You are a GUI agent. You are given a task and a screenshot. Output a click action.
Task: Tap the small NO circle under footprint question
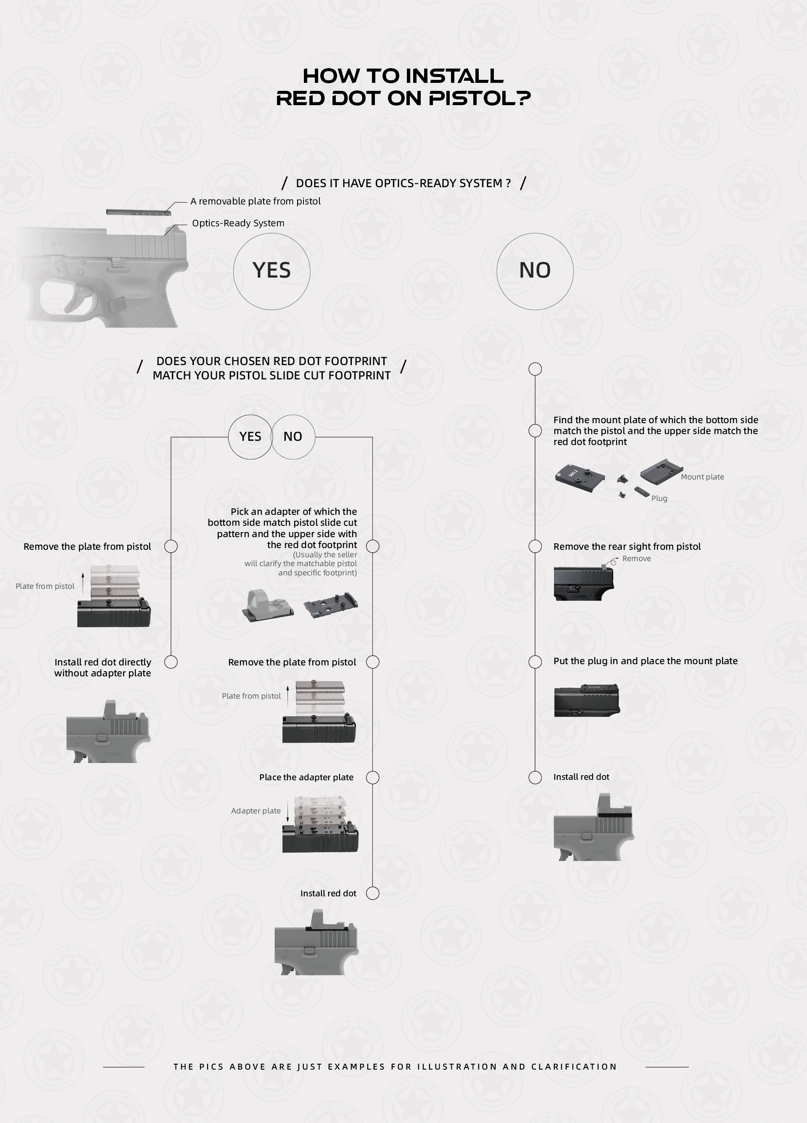[x=314, y=437]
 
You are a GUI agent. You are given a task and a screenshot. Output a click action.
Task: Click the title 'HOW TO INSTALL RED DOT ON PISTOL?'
[x=403, y=87]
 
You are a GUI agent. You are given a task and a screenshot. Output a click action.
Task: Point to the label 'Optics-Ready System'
[x=238, y=223]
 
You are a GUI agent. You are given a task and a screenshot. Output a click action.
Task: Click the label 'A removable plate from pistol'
[x=255, y=201]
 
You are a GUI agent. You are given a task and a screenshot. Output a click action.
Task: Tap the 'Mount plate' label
[x=702, y=477]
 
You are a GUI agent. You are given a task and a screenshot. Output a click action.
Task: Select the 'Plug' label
[x=659, y=498]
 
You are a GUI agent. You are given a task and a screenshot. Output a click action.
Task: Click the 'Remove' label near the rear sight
[x=636, y=559]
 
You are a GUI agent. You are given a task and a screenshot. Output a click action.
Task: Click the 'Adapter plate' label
[x=256, y=810]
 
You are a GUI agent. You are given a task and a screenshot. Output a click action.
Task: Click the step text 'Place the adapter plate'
[x=306, y=777]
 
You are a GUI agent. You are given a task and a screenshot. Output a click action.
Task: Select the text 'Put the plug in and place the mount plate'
[x=645, y=661]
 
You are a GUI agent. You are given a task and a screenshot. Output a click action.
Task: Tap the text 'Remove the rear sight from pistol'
[x=627, y=547]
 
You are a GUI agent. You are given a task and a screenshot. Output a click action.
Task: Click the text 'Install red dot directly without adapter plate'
[x=103, y=667]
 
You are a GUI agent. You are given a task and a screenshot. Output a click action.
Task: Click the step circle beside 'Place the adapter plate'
[x=372, y=771]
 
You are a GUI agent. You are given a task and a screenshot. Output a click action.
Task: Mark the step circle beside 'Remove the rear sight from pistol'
[x=535, y=540]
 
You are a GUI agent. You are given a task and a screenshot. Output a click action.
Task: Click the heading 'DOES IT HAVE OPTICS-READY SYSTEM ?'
[x=403, y=183]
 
